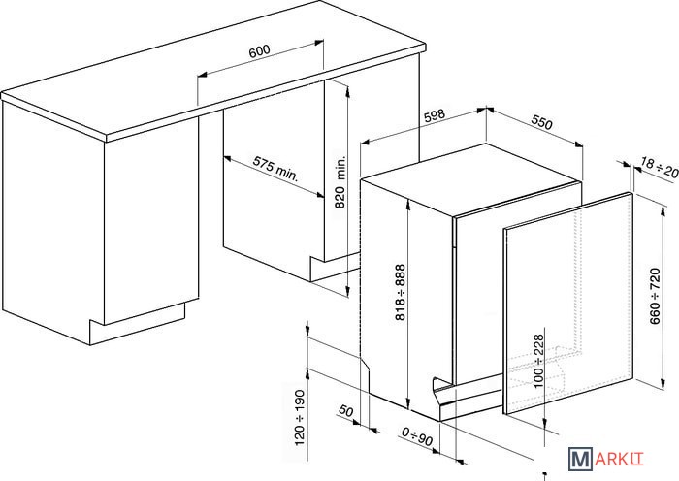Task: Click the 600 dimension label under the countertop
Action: (x=258, y=52)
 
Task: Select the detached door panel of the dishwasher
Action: (x=567, y=310)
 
